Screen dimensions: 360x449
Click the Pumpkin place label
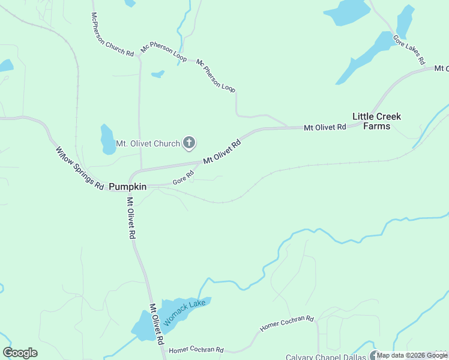[128, 187]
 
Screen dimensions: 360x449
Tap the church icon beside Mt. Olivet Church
[189, 143]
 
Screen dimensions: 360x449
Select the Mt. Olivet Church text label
[148, 143]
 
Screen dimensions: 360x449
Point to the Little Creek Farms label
[376, 121]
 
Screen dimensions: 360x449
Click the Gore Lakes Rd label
[409, 49]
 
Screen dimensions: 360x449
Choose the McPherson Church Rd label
[112, 35]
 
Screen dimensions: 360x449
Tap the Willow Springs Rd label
[80, 169]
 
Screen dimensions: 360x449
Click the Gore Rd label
[183, 177]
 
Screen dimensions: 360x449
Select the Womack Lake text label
[185, 312]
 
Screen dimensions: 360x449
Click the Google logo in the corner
[20, 353]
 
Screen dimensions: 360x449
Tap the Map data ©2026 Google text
[412, 355]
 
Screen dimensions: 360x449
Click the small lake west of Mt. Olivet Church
[108, 139]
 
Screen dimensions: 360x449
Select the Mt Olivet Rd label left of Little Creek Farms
[325, 127]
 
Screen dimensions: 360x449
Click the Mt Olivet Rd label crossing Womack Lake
[157, 324]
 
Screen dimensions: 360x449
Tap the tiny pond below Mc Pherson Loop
[158, 74]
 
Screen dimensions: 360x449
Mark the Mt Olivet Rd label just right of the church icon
[222, 152]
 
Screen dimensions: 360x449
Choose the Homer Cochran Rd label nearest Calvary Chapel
[287, 324]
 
